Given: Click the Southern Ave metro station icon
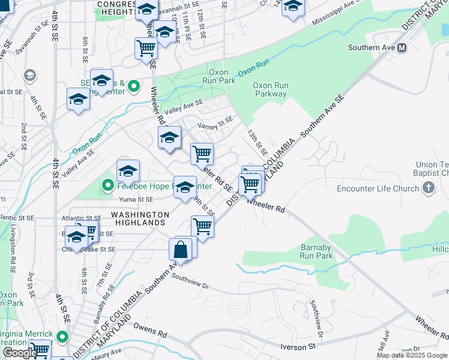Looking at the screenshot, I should pyautogui.click(x=402, y=47).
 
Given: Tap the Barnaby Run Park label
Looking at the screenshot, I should pyautogui.click(x=316, y=251).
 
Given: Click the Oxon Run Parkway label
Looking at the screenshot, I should pyautogui.click(x=270, y=89).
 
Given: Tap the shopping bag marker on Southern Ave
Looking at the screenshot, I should pyautogui.click(x=181, y=249).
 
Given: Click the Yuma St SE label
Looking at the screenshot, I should pyautogui.click(x=137, y=199).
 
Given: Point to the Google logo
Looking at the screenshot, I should pyautogui.click(x=20, y=353).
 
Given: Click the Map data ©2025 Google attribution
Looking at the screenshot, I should pyautogui.click(x=412, y=355).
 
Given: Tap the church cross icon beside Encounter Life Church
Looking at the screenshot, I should pyautogui.click(x=428, y=189).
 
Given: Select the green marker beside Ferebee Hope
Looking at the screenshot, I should pyautogui.click(x=108, y=186).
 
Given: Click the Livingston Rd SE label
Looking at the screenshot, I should pyautogui.click(x=13, y=242).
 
